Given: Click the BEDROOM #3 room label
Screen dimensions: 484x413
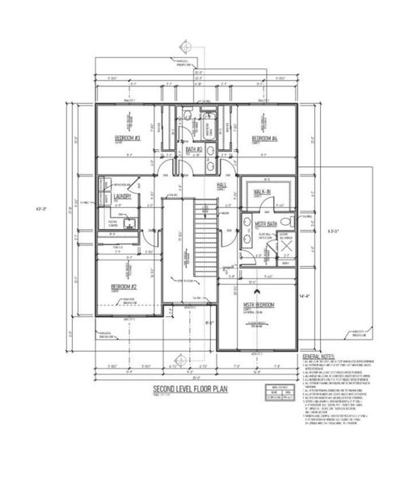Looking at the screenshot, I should [x=128, y=139].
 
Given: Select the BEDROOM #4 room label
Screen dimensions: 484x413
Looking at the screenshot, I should [x=263, y=139].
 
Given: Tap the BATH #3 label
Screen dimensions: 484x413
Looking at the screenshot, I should [x=193, y=149].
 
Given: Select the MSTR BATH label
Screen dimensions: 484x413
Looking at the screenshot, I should [x=266, y=223].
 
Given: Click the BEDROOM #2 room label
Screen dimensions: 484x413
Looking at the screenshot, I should [x=124, y=286].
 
